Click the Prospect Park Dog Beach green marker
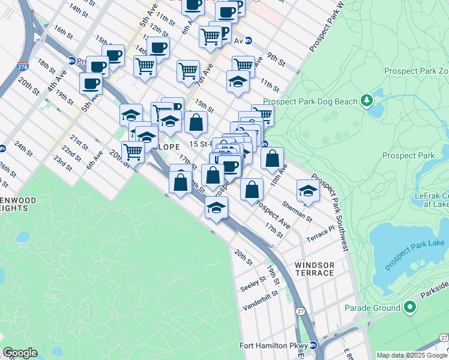click(366, 101)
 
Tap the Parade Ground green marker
click(410, 308)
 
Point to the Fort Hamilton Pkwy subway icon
click(313, 345)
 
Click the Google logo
click(20, 353)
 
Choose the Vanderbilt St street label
click(261, 300)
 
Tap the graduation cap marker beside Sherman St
click(308, 191)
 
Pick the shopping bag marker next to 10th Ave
click(272, 158)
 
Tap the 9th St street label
click(277, 59)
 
